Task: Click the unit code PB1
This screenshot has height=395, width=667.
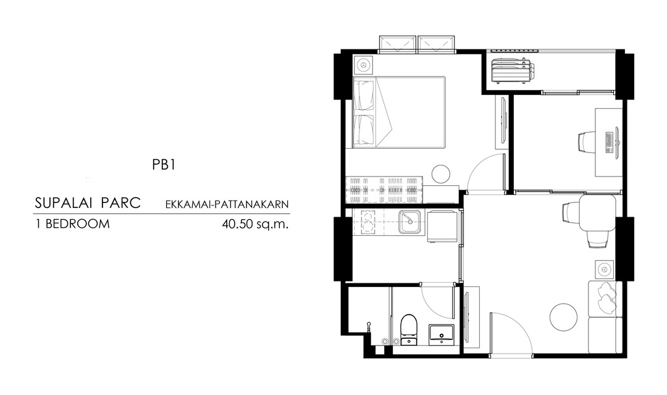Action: [164, 165]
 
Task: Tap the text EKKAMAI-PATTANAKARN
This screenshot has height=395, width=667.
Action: [227, 204]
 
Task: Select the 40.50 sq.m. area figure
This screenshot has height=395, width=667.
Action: [255, 223]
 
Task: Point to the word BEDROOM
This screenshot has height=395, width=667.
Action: [77, 223]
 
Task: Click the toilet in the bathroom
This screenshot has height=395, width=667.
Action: [409, 329]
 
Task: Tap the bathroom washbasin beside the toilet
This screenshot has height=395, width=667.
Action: [441, 333]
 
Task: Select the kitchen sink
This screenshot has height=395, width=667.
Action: [409, 222]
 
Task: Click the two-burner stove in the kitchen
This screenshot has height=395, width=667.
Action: [366, 222]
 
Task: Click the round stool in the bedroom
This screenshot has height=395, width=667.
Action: [441, 174]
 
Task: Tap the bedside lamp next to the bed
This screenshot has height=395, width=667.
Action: [363, 65]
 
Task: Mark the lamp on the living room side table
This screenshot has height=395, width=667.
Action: [604, 269]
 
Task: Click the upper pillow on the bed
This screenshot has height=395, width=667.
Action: [364, 96]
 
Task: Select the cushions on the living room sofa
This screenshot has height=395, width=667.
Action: [606, 297]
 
